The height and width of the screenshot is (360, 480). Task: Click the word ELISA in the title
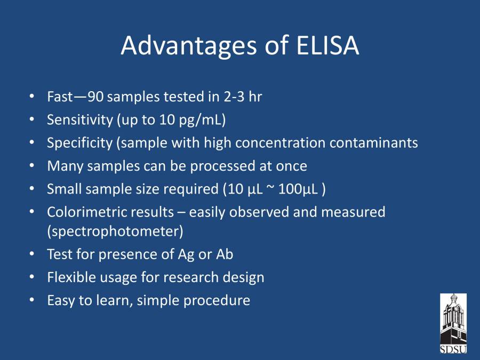[327, 45]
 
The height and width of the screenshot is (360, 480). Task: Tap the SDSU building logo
[453, 323]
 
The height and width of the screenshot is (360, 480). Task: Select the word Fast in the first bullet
[60, 97]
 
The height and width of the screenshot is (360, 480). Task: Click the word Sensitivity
[80, 119]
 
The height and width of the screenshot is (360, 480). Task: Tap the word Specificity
[80, 143]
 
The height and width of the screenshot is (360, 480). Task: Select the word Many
[65, 166]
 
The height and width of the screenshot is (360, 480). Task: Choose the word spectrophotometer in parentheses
[115, 231]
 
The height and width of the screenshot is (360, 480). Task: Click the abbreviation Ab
[225, 254]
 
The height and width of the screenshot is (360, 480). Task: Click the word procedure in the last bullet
[217, 301]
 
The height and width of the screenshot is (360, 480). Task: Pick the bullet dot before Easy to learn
[32, 300]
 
